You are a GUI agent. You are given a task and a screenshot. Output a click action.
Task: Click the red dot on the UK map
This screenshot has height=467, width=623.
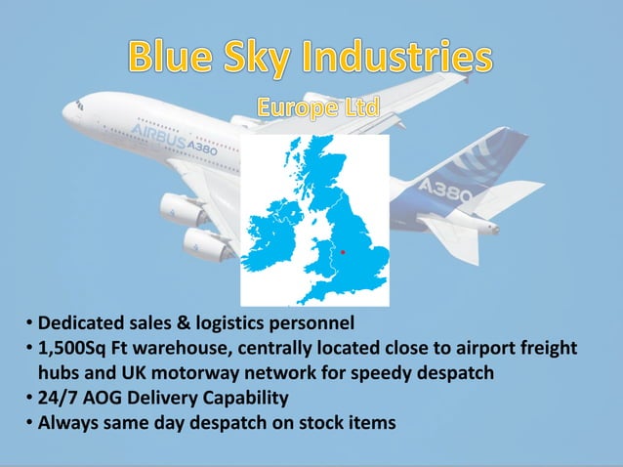click(343, 252)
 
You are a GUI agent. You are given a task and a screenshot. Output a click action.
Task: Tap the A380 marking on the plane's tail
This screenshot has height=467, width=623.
click(444, 191)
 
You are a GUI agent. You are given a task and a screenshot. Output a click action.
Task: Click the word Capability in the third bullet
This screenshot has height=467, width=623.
click(255, 398)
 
